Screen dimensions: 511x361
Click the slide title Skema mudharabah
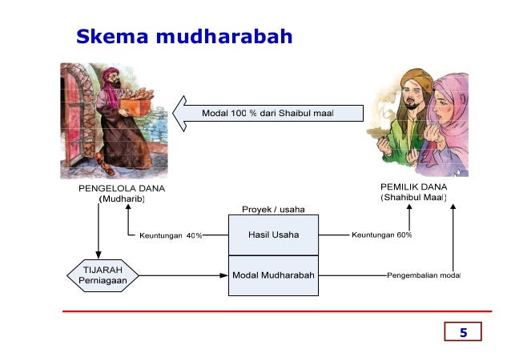click(x=183, y=37)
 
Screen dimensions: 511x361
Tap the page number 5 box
click(x=462, y=332)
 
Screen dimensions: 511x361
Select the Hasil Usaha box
click(x=273, y=235)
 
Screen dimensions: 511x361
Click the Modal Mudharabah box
click(x=273, y=275)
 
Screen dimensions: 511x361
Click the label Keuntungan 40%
click(x=171, y=236)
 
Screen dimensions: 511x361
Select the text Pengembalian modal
click(x=423, y=276)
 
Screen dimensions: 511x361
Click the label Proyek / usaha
click(x=273, y=210)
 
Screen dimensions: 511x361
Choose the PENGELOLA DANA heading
click(x=115, y=189)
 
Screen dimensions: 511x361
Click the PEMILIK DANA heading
click(x=413, y=187)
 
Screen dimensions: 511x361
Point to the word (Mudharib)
click(x=121, y=200)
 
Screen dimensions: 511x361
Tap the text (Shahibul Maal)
click(x=413, y=198)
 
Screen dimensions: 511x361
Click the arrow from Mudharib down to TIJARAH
click(x=99, y=232)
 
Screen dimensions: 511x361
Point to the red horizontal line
click(x=272, y=310)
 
